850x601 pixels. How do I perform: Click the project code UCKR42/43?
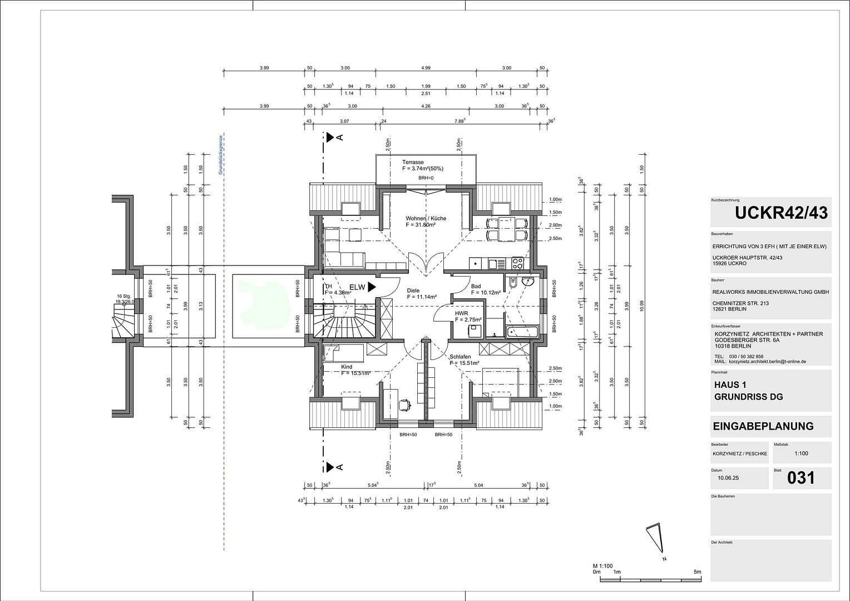780,213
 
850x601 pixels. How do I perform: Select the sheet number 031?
801,477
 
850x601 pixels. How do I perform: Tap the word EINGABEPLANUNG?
763,426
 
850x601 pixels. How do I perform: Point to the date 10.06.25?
728,478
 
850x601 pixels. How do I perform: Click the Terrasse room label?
413,162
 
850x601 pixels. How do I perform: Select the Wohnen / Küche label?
426,219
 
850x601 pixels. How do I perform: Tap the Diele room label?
413,290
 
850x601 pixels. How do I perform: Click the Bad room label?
476,286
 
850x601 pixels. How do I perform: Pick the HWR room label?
461,313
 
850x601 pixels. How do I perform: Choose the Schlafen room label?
460,357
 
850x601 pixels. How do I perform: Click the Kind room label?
346,367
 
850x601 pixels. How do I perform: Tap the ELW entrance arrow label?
357,287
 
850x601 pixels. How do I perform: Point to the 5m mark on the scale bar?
697,572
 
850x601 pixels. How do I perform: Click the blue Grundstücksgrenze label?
220,155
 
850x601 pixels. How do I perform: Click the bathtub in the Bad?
522,332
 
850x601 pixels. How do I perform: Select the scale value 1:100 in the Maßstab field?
801,454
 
